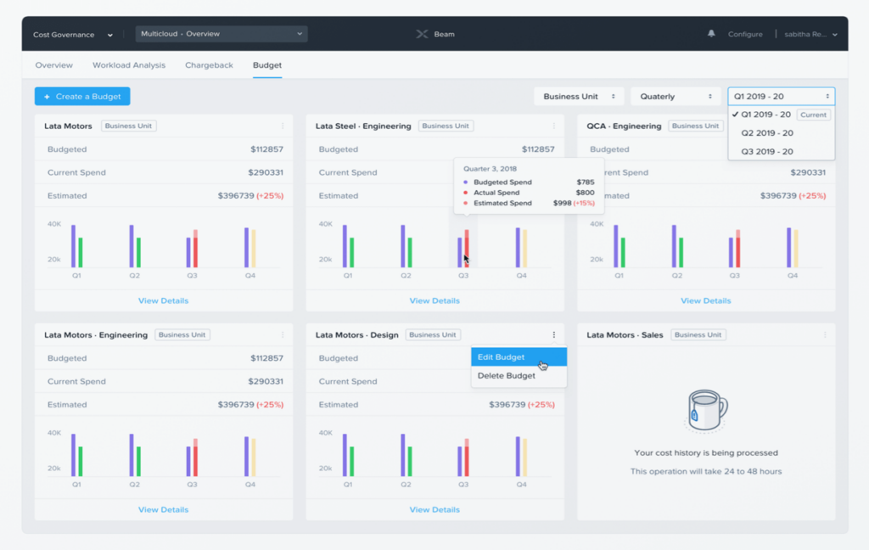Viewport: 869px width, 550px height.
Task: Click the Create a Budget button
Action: point(82,97)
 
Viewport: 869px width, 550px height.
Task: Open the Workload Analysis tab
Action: point(129,65)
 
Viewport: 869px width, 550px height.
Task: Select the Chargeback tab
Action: point(209,65)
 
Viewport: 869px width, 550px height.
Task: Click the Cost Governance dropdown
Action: point(73,35)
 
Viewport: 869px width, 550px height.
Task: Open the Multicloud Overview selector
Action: point(221,34)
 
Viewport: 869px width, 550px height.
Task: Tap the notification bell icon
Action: point(711,34)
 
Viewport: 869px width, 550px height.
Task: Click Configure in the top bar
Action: point(745,35)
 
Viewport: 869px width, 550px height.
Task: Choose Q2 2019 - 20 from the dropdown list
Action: point(767,133)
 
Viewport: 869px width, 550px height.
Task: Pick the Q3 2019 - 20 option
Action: point(767,152)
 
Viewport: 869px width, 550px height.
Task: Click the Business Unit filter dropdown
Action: point(579,97)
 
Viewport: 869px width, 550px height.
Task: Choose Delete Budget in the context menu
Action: point(507,376)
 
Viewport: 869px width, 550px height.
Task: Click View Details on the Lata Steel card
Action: point(434,300)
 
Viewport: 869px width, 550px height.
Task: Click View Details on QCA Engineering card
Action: point(705,300)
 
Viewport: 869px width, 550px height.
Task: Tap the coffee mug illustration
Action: point(706,411)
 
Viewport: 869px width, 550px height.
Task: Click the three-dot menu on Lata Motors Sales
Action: point(825,335)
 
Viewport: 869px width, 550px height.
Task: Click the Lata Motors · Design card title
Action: point(356,335)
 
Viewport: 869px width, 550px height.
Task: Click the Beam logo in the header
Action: point(435,35)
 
